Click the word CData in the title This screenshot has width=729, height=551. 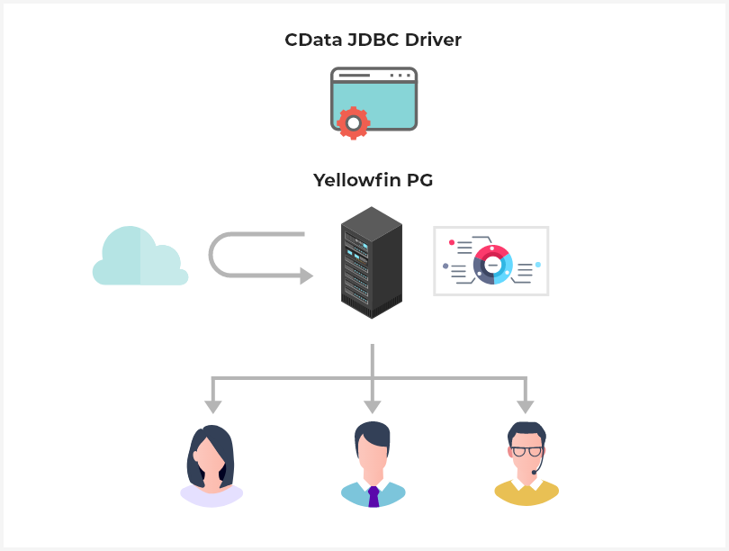(x=311, y=40)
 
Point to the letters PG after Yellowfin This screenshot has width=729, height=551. (x=419, y=180)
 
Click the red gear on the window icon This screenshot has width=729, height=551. (x=352, y=122)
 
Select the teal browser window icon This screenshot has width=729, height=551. (x=374, y=99)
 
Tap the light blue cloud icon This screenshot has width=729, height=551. (x=139, y=258)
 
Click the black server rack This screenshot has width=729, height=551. (x=371, y=262)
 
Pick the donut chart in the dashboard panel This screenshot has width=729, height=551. (x=492, y=265)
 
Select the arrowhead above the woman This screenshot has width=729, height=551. (x=212, y=406)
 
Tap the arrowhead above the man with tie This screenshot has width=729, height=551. (x=373, y=406)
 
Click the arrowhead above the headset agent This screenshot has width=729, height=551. (x=526, y=406)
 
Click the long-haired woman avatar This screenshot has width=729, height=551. (x=211, y=465)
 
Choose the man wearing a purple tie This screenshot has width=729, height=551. (x=373, y=463)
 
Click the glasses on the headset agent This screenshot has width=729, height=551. (x=526, y=451)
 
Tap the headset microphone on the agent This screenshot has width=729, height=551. (x=535, y=472)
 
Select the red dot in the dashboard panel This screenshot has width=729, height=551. (x=452, y=242)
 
